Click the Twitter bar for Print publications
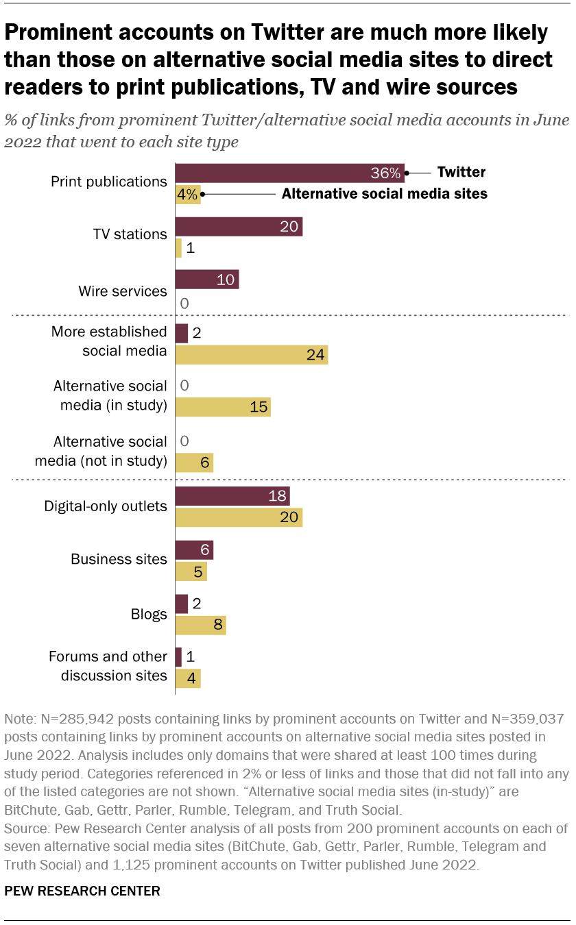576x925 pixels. click(x=289, y=172)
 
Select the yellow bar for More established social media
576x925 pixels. click(x=251, y=355)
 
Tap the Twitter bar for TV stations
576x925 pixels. click(x=239, y=227)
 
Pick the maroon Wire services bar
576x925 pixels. click(x=207, y=280)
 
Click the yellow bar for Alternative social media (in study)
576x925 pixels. click(x=223, y=407)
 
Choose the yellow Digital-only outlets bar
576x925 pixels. click(x=239, y=517)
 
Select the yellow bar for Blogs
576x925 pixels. click(x=200, y=625)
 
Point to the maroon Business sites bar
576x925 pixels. click(x=194, y=550)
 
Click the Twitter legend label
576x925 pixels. click(x=461, y=172)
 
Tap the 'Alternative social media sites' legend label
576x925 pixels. click(x=384, y=194)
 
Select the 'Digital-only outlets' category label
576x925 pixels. click(x=106, y=506)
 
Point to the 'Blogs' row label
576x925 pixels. click(x=148, y=614)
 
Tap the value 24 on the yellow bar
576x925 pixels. click(x=313, y=355)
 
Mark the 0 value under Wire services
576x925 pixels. click(x=184, y=303)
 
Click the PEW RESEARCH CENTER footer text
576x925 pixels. click(x=82, y=891)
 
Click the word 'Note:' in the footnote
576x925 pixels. click(x=19, y=719)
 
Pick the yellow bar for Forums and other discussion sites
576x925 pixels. click(x=188, y=678)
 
